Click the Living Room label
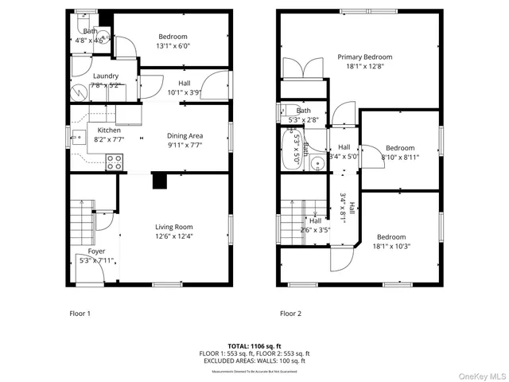click(x=173, y=227)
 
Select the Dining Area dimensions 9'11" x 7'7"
click(x=185, y=146)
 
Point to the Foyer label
click(x=95, y=251)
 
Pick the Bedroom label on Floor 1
click(x=173, y=37)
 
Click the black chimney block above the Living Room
click(x=160, y=181)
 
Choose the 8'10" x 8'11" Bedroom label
click(x=400, y=148)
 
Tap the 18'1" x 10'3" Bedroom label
click(x=391, y=237)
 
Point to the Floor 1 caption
click(x=80, y=314)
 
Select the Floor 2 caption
click(x=290, y=314)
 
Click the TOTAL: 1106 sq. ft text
click(x=254, y=346)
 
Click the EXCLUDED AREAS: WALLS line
click(x=254, y=361)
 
